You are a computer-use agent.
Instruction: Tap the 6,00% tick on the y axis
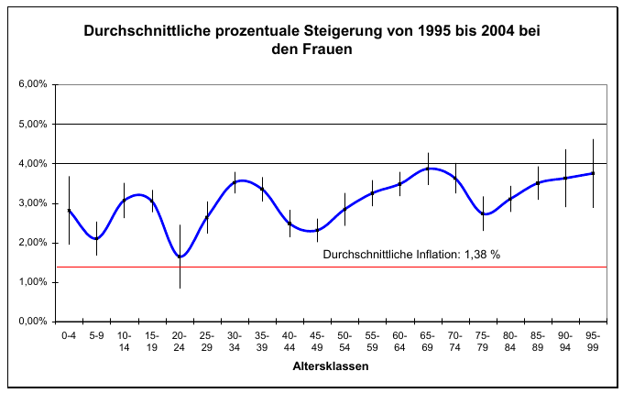pos(33,84)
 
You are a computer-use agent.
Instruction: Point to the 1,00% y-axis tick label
pos(33,282)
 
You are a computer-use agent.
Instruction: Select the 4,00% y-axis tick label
pos(33,164)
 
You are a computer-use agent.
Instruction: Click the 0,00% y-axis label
pos(33,322)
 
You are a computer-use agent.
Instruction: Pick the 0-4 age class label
pos(69,336)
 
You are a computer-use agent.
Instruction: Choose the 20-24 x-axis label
pos(180,341)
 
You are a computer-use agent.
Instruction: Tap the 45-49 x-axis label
pos(317,341)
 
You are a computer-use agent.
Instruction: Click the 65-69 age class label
pos(428,341)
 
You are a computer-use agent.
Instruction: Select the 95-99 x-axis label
pos(593,341)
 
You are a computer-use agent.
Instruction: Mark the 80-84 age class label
pos(510,341)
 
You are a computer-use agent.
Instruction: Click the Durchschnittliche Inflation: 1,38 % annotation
pos(411,254)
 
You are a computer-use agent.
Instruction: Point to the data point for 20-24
pos(180,257)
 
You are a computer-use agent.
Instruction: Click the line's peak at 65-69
pos(428,169)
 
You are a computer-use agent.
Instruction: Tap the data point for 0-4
pos(69,210)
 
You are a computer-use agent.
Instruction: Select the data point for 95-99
pos(593,173)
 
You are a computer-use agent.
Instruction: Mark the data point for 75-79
pos(483,213)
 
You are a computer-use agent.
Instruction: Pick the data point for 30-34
pos(235,181)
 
